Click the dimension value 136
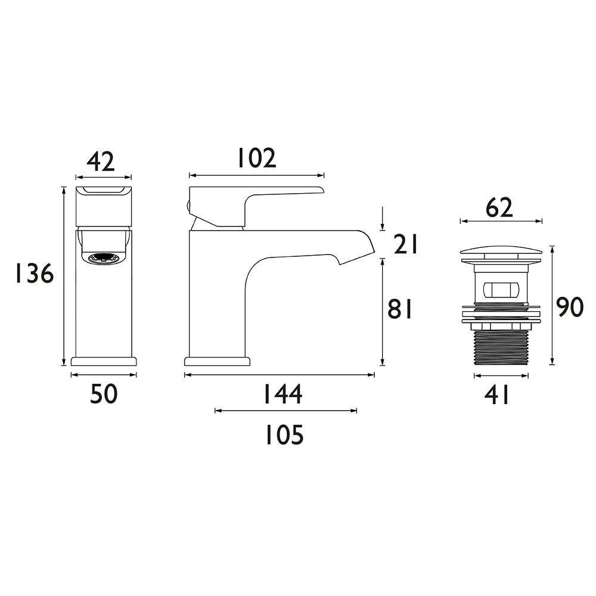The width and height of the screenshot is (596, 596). pos(34,274)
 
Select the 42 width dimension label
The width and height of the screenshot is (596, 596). pos(100,162)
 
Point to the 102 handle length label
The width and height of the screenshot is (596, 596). pos(256,158)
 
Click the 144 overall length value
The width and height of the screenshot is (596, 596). pos(283,394)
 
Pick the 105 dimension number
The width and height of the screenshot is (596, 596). pos(284,435)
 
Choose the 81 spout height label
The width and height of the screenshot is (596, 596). pos(400,309)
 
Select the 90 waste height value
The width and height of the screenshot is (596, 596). pos(569,308)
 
